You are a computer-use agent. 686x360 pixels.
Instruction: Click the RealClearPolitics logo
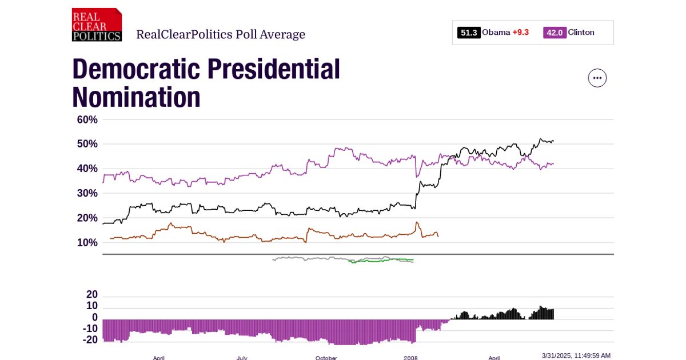(97, 25)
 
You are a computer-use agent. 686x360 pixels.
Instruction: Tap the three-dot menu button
(597, 78)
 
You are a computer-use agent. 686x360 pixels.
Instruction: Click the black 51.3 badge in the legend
(468, 33)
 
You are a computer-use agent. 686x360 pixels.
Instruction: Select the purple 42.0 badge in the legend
(554, 33)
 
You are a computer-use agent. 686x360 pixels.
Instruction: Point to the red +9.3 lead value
(520, 33)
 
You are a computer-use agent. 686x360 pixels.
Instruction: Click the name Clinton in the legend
(581, 33)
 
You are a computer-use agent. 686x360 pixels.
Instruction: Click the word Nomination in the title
(136, 97)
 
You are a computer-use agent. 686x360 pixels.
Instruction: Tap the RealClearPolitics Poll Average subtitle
(220, 34)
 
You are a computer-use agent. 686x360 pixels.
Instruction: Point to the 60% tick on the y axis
(87, 119)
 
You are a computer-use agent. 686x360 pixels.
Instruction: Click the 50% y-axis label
(87, 144)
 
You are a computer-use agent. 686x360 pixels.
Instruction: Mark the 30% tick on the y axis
(87, 193)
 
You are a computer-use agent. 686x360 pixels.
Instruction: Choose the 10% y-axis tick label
(87, 242)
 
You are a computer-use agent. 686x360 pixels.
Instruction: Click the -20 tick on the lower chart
(90, 339)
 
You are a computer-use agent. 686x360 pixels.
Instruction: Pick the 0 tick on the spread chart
(95, 317)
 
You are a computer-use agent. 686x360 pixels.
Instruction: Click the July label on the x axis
(242, 358)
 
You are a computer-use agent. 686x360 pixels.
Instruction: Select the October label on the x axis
(326, 358)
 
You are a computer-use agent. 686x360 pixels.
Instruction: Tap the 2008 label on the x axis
(410, 358)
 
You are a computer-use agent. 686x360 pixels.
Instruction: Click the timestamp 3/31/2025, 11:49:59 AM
(576, 355)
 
